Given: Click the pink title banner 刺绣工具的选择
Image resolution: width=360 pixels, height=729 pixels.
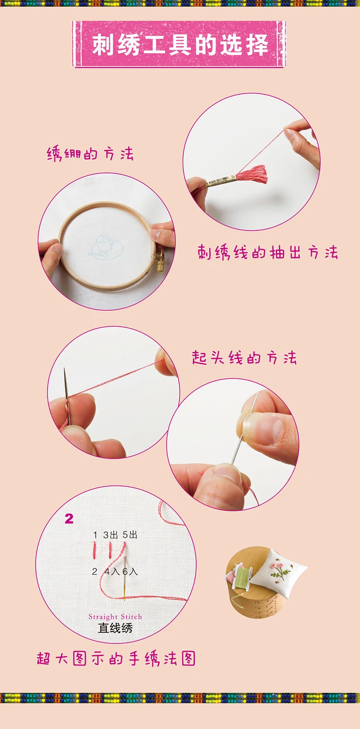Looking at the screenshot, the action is pyautogui.click(x=179, y=44).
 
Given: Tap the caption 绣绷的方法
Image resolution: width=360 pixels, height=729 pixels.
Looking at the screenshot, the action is pyautogui.click(x=90, y=153).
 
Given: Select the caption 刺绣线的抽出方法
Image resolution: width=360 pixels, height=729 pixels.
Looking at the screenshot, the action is pyautogui.click(x=268, y=252).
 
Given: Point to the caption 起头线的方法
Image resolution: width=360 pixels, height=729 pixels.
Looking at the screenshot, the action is pyautogui.click(x=244, y=357).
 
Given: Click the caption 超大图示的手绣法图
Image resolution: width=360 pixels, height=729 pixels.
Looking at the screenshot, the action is pyautogui.click(x=116, y=658).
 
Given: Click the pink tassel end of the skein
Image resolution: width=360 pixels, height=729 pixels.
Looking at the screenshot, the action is pyautogui.click(x=252, y=174).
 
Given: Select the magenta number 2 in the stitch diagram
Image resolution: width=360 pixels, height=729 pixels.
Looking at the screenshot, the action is pyautogui.click(x=69, y=519).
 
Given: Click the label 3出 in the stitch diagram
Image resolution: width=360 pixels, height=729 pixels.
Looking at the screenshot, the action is pyautogui.click(x=110, y=535).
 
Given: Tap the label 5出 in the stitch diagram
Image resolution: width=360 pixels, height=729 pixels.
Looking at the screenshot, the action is pyautogui.click(x=130, y=535).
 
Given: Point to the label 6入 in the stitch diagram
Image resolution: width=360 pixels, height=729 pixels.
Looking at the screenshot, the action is pyautogui.click(x=130, y=571).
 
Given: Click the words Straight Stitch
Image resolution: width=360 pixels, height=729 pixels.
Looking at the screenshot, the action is pyautogui.click(x=115, y=616).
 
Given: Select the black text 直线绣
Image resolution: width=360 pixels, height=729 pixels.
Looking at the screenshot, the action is pyautogui.click(x=115, y=628).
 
